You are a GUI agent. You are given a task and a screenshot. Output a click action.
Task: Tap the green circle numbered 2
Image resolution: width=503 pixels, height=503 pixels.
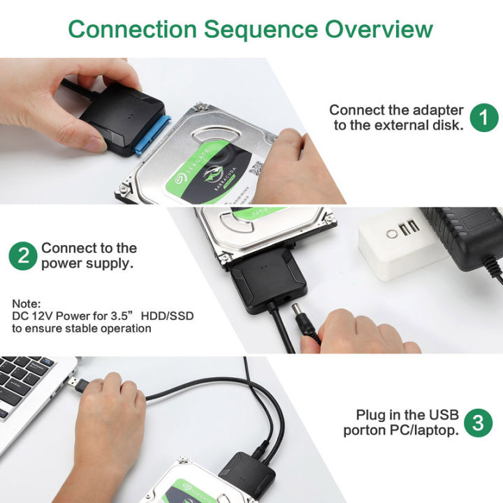[23, 256]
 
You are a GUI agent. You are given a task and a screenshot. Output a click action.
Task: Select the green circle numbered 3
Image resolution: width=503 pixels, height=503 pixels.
[478, 423]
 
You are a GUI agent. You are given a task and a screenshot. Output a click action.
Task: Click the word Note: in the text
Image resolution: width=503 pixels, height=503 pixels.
[27, 304]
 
